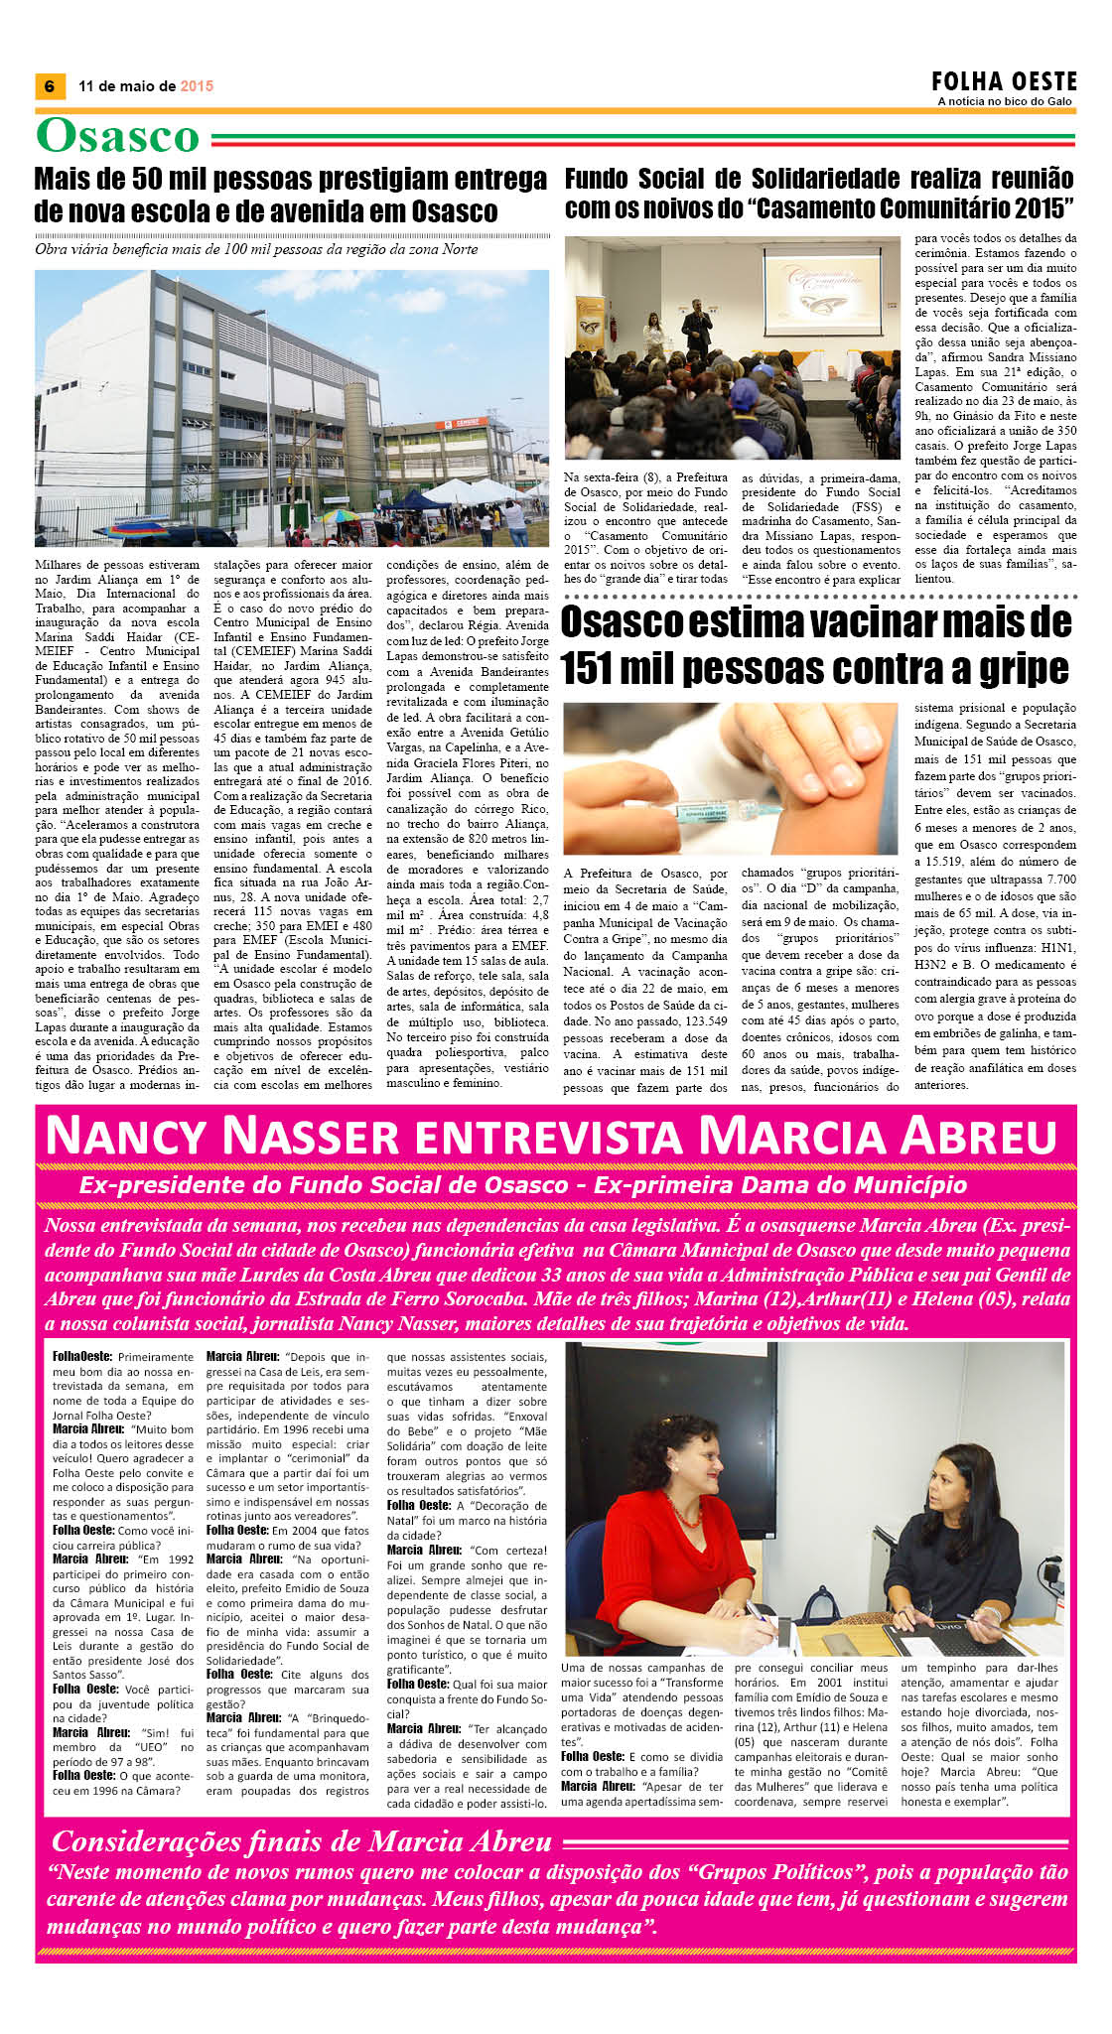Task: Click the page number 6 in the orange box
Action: click(x=49, y=86)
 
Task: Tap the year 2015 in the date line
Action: click(x=197, y=86)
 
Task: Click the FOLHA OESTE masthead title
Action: click(x=1004, y=81)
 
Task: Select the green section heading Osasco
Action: click(x=118, y=137)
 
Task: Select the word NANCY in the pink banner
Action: click(x=123, y=1137)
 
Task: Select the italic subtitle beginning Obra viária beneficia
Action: click(x=256, y=249)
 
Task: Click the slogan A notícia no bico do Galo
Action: click(x=1005, y=101)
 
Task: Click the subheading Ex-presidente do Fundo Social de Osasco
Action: click(x=324, y=1184)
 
